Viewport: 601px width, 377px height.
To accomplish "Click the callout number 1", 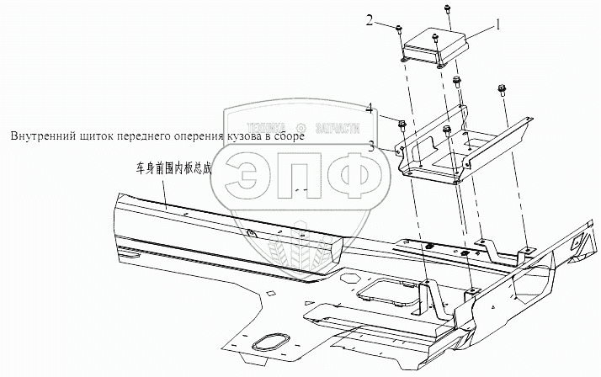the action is tap(498, 25).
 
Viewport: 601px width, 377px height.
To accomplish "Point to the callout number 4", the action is tap(370, 107).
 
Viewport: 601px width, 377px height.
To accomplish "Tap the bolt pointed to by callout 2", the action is tap(397, 30).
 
